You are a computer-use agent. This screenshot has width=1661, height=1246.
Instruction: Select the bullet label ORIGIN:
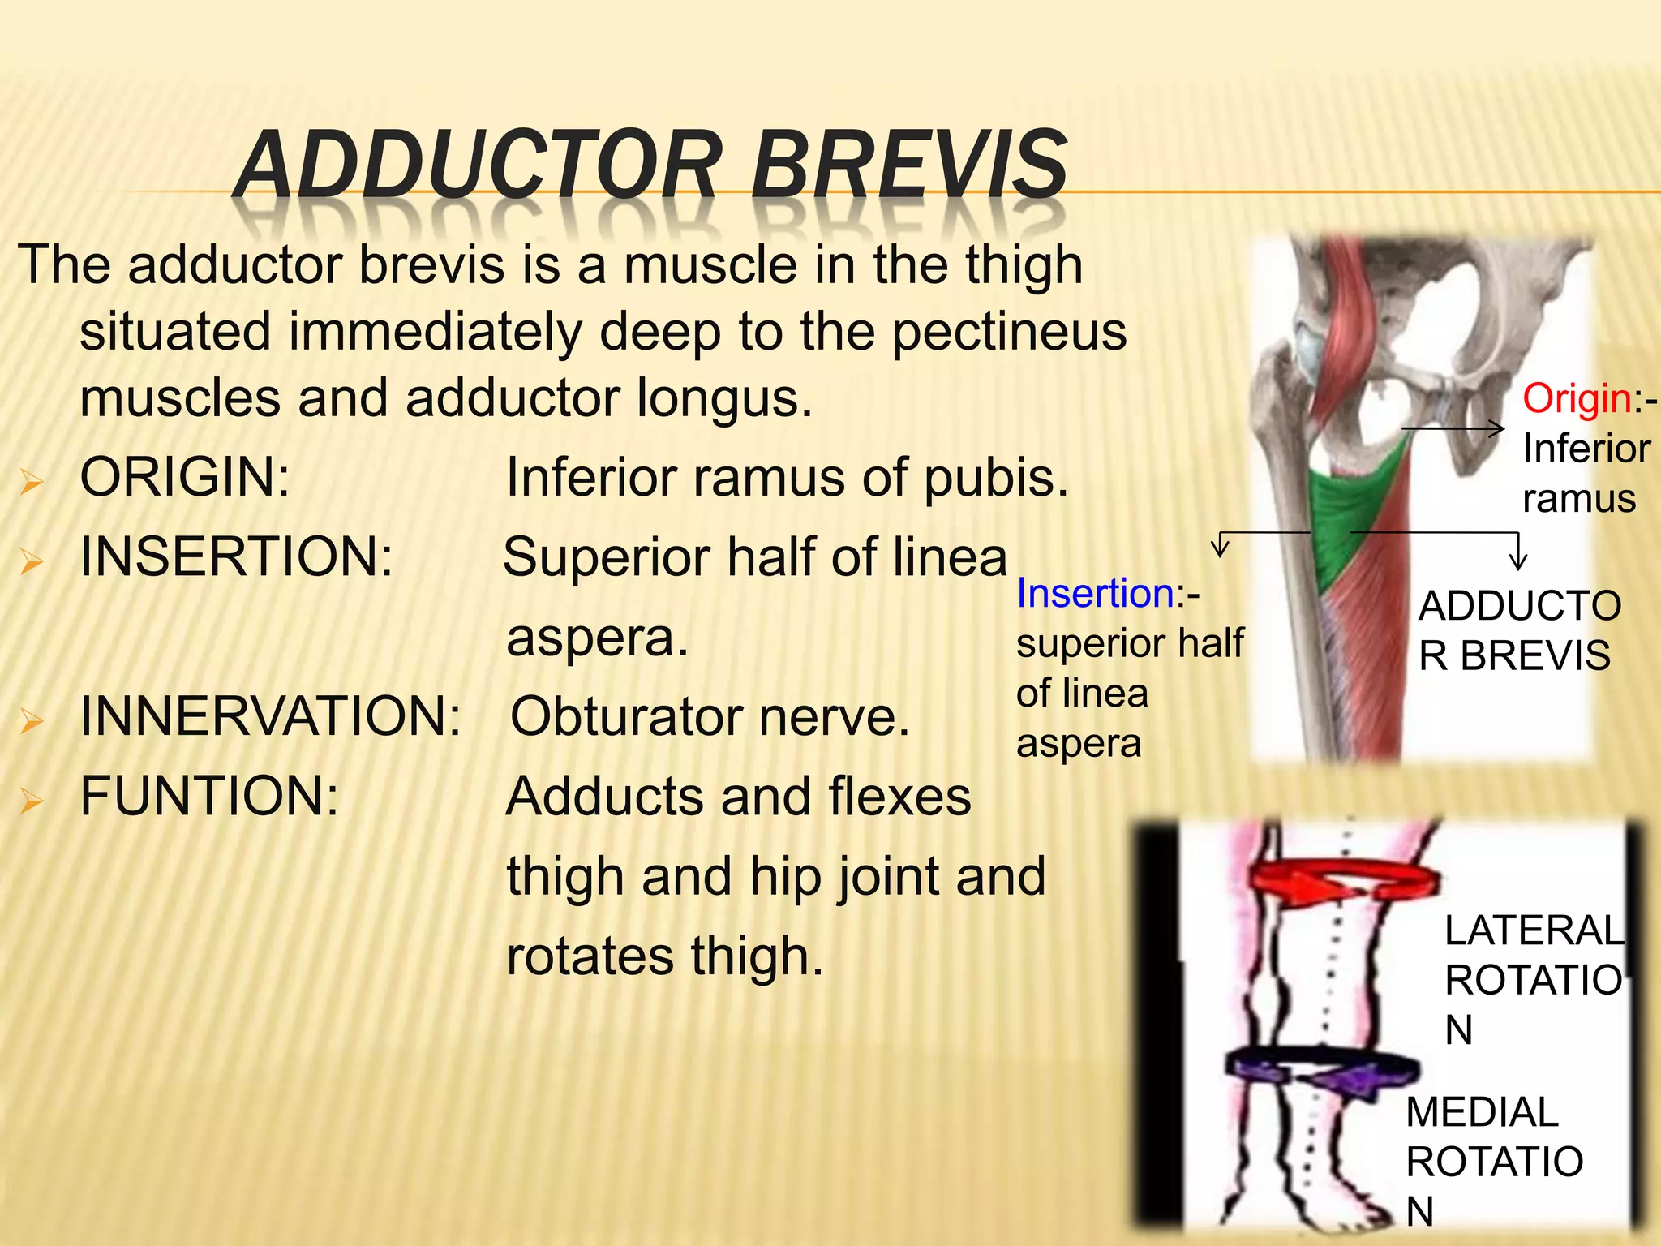185,477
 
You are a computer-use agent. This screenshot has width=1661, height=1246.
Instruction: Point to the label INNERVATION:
271,716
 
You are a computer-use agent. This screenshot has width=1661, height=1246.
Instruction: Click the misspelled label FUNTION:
209,796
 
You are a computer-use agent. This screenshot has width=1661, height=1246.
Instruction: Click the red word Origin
1577,399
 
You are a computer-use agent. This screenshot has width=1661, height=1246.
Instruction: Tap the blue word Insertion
1096,593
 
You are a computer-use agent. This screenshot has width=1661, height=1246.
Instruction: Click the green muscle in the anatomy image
1354,511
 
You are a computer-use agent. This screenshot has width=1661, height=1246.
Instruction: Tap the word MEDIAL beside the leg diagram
1482,1112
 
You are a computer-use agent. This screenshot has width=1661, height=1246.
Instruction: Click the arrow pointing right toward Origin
1452,428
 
